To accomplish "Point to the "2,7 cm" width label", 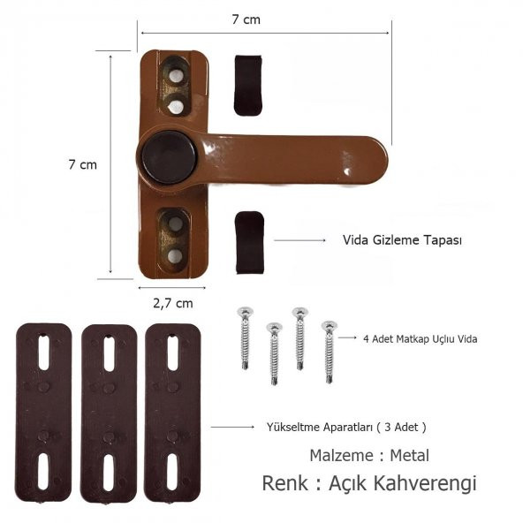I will click(172, 303).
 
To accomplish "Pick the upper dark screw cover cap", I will click(247, 85).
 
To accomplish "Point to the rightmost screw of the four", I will click(329, 350).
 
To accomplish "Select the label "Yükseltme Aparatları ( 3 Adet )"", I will click(346, 427).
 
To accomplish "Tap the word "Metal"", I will click(410, 456).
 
